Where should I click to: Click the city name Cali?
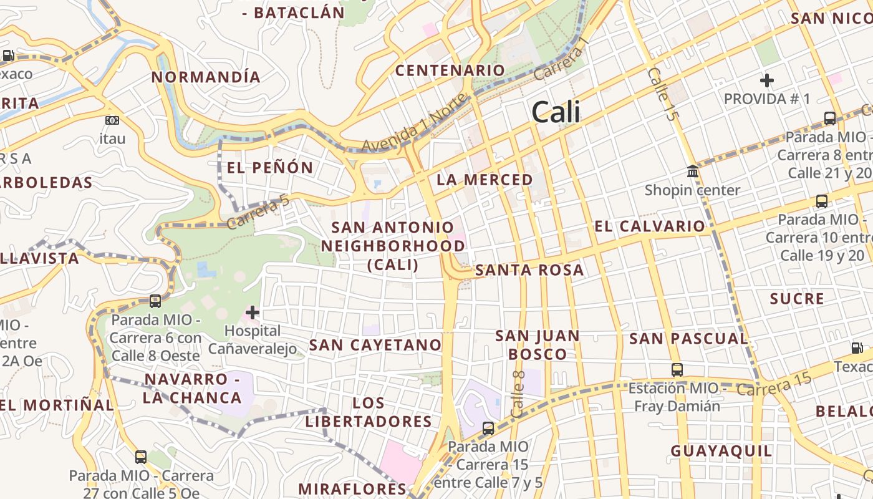pos(556,112)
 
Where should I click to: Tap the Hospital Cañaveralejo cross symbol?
pos(253,312)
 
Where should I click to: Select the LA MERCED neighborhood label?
pos(485,180)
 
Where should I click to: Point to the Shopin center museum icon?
pos(693,171)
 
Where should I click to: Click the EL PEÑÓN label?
pos(269,167)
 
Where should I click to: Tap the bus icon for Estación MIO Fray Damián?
pos(677,369)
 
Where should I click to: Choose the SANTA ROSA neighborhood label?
pos(529,270)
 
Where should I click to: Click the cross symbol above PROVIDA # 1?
pos(767,80)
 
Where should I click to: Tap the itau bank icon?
pos(112,120)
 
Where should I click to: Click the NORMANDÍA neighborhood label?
pos(206,77)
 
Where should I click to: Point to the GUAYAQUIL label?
pos(721,451)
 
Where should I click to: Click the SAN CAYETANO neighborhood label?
pos(375,345)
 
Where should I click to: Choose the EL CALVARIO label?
pos(649,226)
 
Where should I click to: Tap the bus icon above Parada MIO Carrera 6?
pos(155,301)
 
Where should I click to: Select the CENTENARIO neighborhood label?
pos(450,70)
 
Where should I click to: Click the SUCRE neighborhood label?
pos(797,299)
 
